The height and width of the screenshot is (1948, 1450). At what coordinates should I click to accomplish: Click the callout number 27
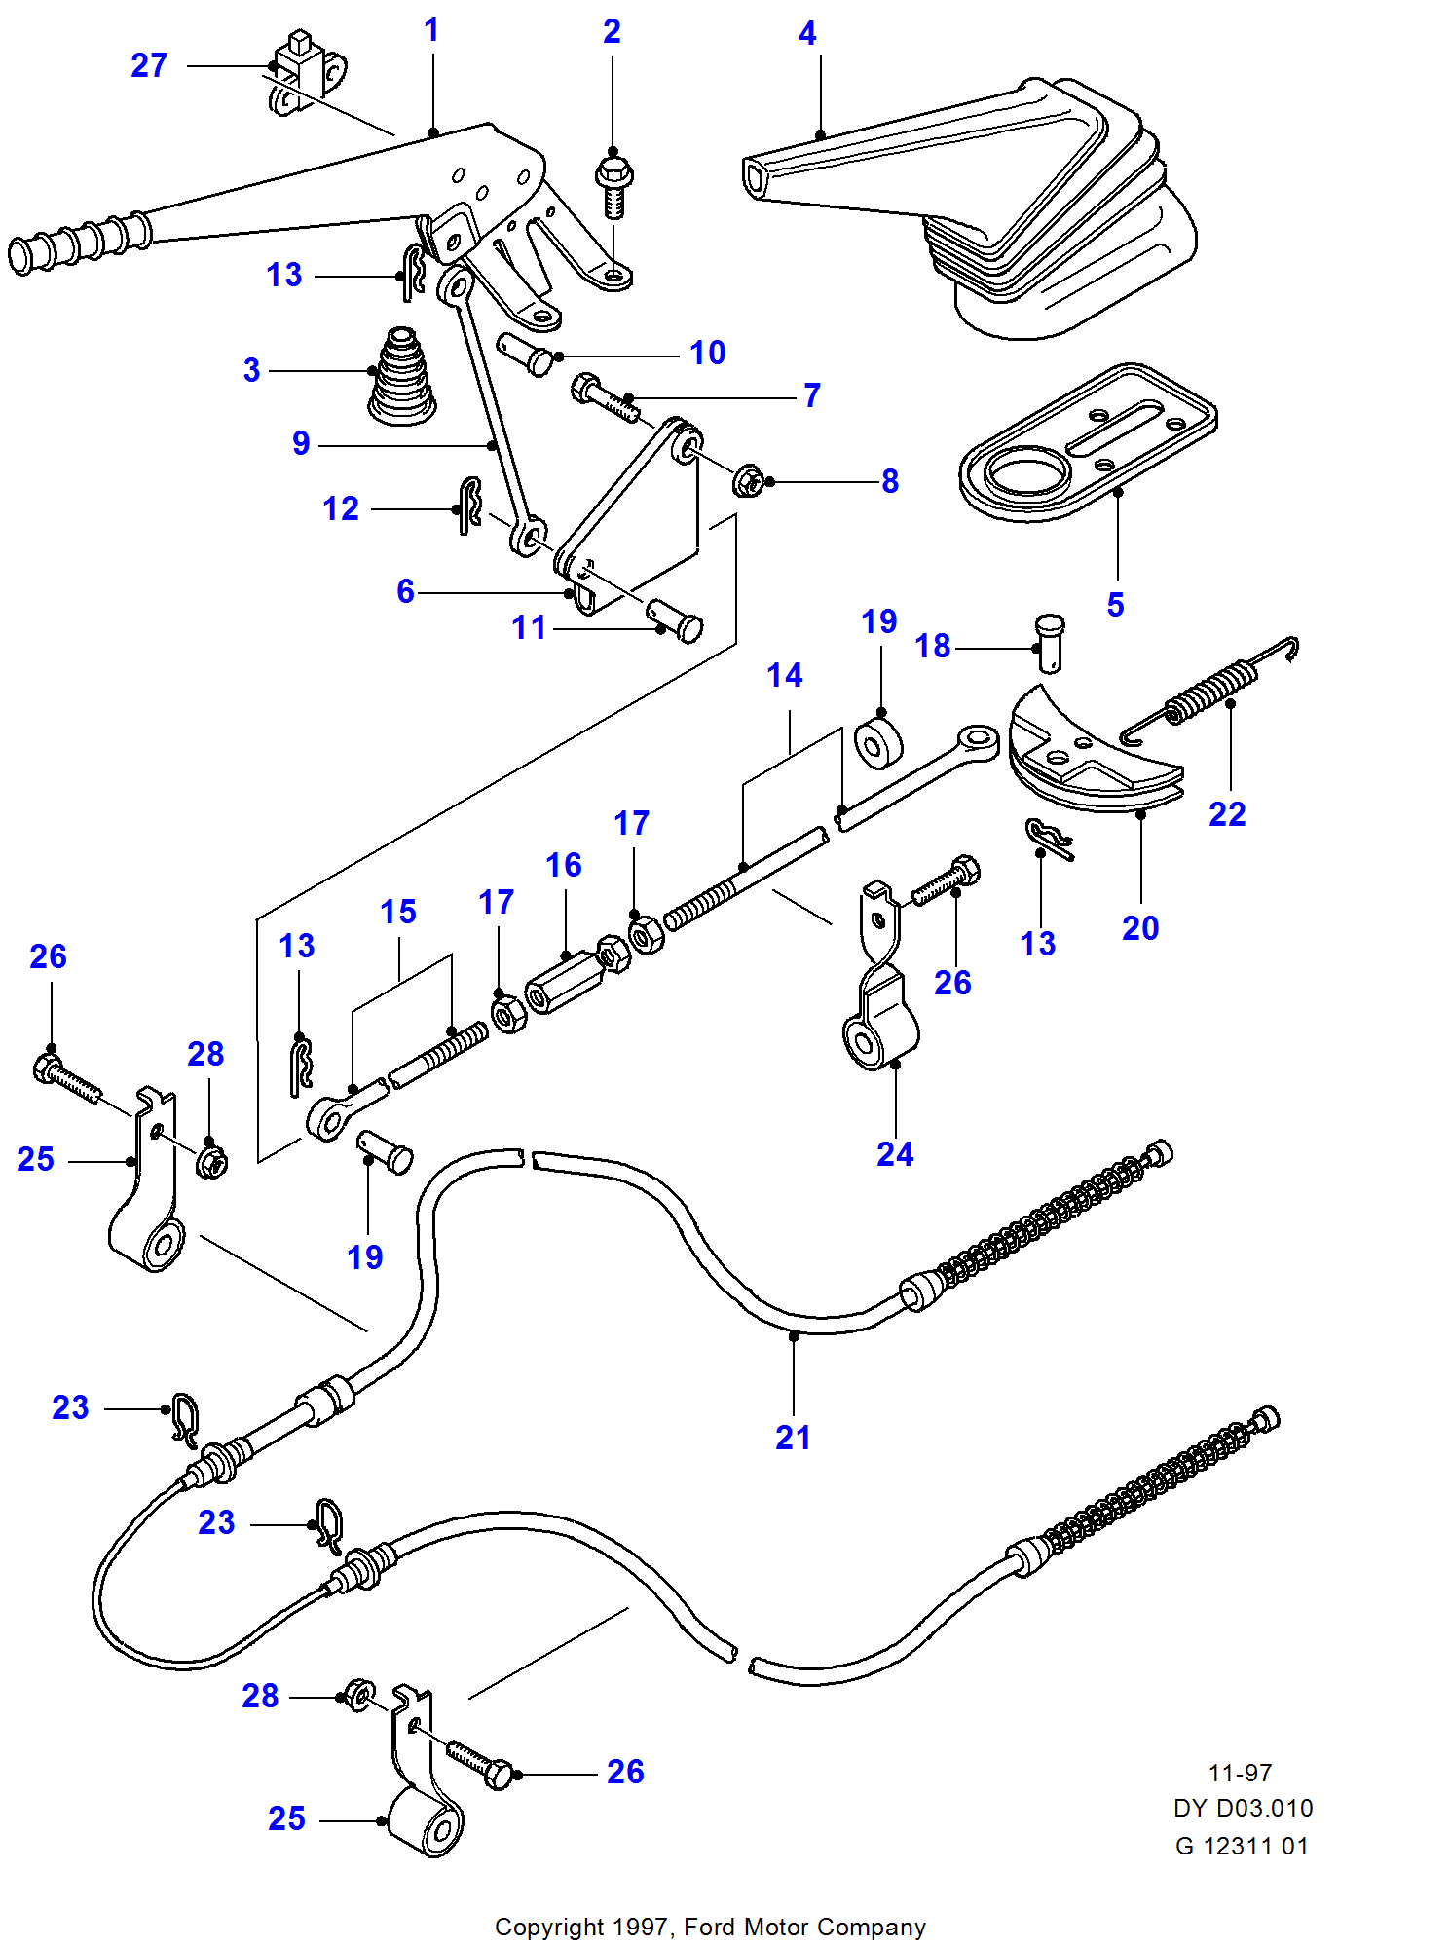149,65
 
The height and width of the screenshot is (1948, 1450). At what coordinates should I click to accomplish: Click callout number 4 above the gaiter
807,34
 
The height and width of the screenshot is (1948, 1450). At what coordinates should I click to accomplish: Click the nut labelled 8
748,480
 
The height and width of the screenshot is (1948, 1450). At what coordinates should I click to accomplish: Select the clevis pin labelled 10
526,353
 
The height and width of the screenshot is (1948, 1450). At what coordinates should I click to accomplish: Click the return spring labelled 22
1208,687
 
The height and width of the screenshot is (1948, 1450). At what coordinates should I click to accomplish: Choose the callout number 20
1140,928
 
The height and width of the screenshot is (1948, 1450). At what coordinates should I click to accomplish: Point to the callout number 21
793,1438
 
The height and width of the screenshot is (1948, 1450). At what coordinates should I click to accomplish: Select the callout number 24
895,1154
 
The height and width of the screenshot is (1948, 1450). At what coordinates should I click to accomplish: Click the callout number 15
398,912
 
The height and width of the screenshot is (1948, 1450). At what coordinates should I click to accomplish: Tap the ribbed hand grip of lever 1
78,243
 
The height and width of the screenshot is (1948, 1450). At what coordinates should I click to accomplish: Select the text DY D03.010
1243,1808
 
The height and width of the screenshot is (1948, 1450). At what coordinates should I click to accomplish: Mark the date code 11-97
1240,1773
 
